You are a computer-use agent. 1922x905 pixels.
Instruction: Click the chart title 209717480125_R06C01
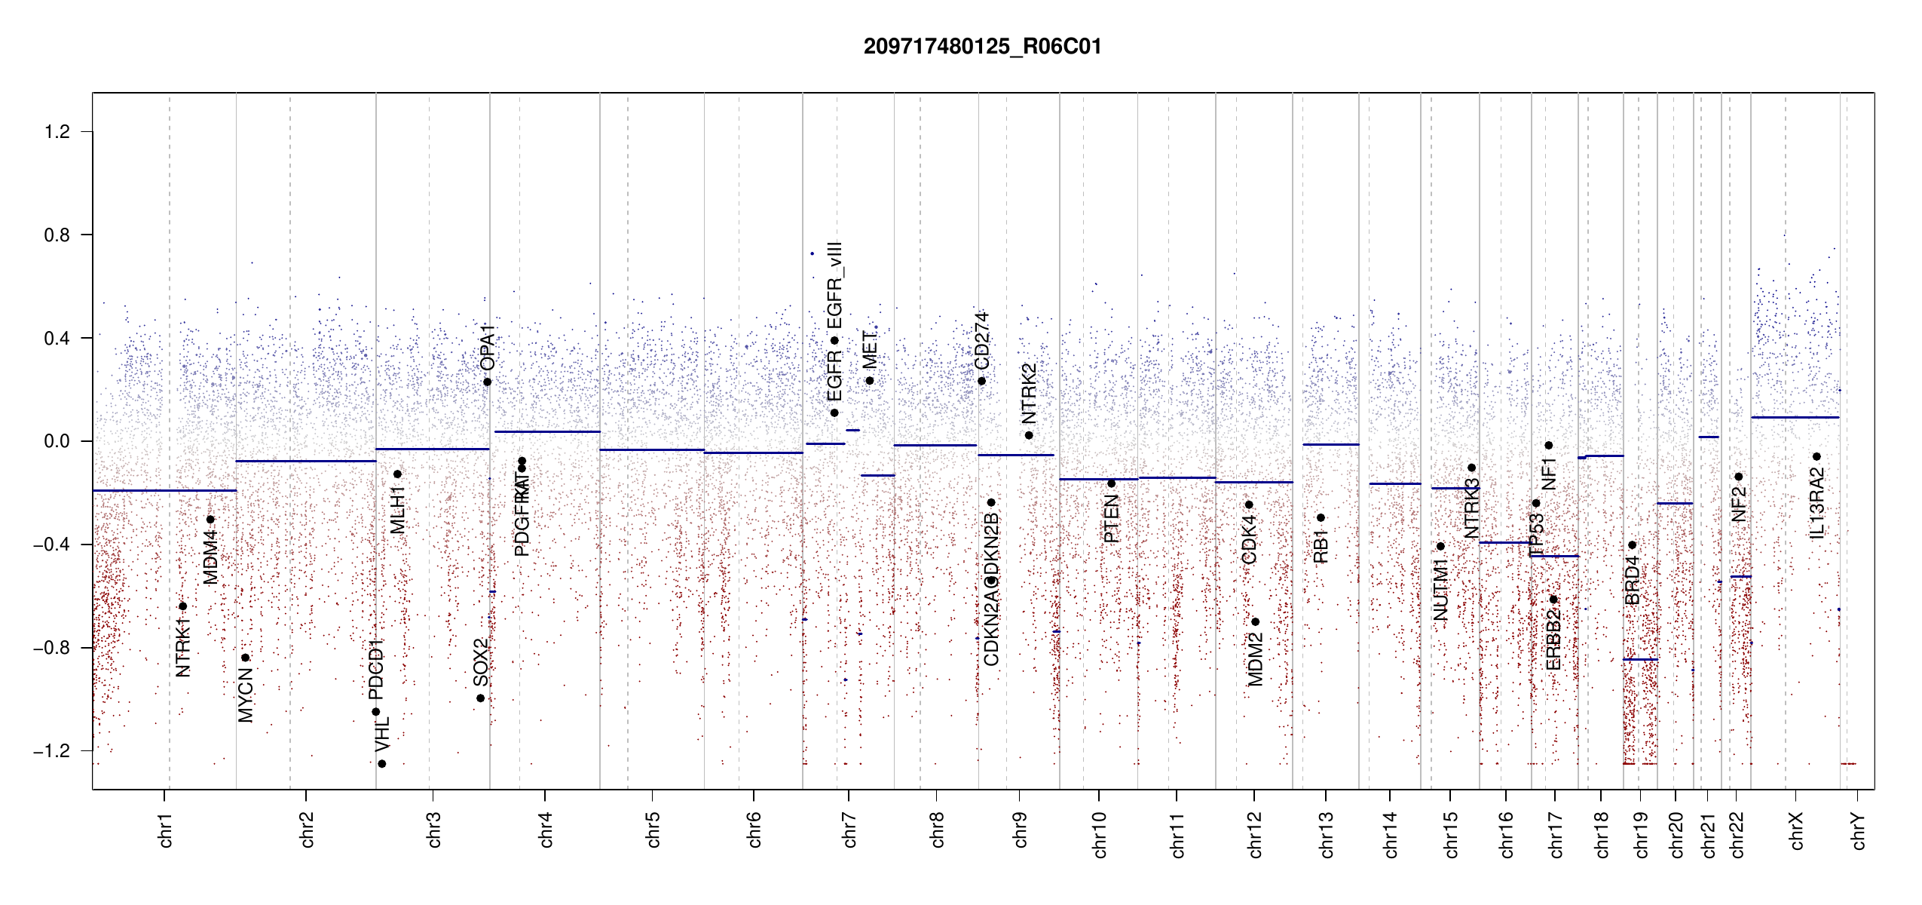pyautogui.click(x=982, y=47)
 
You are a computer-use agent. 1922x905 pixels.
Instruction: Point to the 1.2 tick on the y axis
pyautogui.click(x=57, y=132)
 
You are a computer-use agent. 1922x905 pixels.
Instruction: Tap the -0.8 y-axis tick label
pyautogui.click(x=52, y=648)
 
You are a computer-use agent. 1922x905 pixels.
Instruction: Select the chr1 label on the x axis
pyautogui.click(x=166, y=830)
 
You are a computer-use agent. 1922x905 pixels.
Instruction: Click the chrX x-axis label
pyautogui.click(x=1797, y=830)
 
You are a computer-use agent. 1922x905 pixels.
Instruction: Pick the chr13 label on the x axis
pyautogui.click(x=1327, y=834)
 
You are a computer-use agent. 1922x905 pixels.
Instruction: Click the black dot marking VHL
pyautogui.click(x=382, y=764)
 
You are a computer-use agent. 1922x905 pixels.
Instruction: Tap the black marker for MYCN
pyautogui.click(x=245, y=658)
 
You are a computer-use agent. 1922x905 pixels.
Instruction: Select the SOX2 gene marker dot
pyautogui.click(x=481, y=698)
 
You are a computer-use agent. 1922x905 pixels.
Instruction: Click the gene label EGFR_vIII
pyautogui.click(x=834, y=286)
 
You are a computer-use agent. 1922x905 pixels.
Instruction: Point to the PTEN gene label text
pyautogui.click(x=1111, y=519)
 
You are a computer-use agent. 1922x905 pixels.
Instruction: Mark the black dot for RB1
pyautogui.click(x=1321, y=517)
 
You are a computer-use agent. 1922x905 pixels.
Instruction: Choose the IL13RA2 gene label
pyautogui.click(x=1817, y=502)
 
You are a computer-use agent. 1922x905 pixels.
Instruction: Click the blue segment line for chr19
pyautogui.click(x=1640, y=660)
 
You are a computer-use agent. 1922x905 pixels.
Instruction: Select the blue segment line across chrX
pyautogui.click(x=1795, y=417)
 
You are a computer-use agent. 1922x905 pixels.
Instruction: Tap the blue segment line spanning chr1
pyautogui.click(x=164, y=490)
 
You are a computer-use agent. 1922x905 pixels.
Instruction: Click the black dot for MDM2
pyautogui.click(x=1255, y=622)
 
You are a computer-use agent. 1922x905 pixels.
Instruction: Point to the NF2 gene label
pyautogui.click(x=1739, y=504)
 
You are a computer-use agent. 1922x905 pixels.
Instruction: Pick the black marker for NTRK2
pyautogui.click(x=1029, y=435)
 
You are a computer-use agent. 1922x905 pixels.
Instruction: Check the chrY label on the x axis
pyautogui.click(x=1859, y=830)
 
